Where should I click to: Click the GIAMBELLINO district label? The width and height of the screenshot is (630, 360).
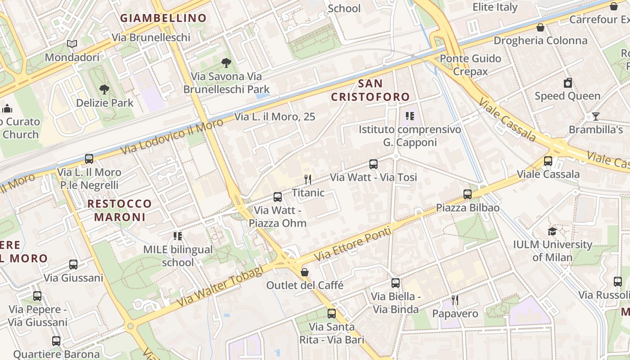tap(163, 18)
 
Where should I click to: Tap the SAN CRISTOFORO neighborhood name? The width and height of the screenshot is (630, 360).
tap(370, 90)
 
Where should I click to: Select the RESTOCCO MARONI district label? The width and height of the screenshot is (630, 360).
tap(120, 210)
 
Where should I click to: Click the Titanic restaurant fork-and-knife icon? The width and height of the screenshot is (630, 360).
tap(308, 180)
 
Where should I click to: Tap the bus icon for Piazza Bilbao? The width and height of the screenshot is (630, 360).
tap(468, 194)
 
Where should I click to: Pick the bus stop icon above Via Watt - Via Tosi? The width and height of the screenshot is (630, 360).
tap(373, 164)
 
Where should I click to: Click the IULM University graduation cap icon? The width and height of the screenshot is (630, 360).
tap(552, 231)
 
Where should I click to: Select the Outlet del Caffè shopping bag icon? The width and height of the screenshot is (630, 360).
tap(305, 272)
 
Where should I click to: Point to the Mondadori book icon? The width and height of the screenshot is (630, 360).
tap(72, 44)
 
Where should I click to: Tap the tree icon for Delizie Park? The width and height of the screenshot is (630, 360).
tap(104, 89)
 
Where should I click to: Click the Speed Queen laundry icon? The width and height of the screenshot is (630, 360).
tap(568, 83)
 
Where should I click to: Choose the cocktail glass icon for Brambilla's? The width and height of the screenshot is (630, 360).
tap(595, 117)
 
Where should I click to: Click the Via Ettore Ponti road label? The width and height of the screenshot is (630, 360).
tap(353, 244)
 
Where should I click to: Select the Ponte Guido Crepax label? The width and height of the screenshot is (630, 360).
tap(470, 65)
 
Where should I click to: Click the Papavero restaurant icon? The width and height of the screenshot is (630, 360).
tap(455, 300)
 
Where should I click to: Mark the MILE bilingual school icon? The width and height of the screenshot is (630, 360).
tap(178, 236)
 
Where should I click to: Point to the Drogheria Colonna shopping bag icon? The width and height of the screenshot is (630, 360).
tap(540, 27)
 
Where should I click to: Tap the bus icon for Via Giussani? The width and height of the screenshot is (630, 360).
tap(73, 265)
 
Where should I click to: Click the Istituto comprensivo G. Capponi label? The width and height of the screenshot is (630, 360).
tap(409, 136)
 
